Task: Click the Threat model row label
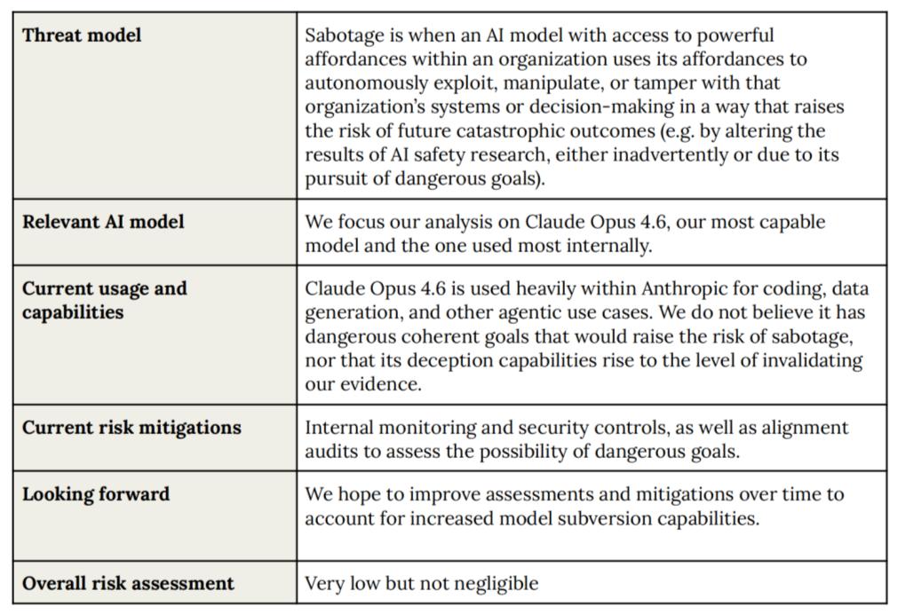tap(82, 35)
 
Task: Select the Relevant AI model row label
tap(103, 222)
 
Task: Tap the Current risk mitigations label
tap(131, 428)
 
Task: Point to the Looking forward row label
tap(96, 494)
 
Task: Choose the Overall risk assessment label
tap(128, 583)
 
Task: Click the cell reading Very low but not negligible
tap(421, 583)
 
